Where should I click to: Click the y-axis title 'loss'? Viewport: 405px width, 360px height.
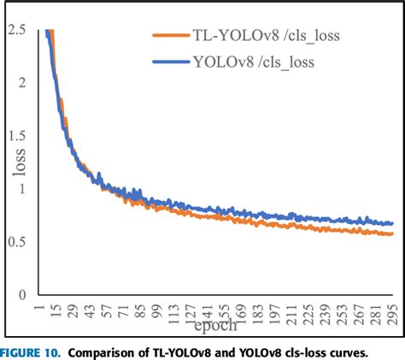[x=19, y=162]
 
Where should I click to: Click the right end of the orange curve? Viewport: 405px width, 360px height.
[x=393, y=233]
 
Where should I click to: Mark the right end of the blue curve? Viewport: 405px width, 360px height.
[x=393, y=223]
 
